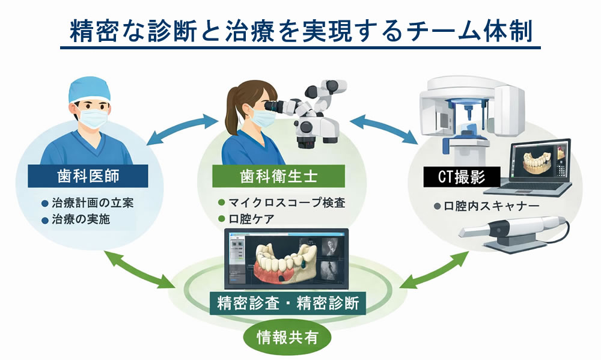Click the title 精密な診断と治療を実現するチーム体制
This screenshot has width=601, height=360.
[x=300, y=31]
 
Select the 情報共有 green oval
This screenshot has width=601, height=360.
[x=288, y=338]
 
